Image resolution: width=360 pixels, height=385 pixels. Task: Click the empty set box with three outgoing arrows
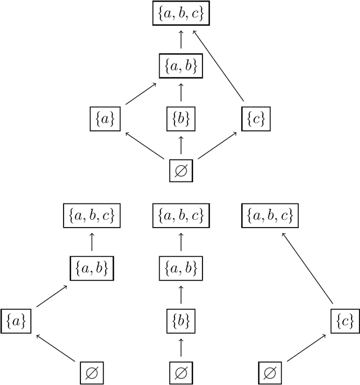click(x=181, y=171)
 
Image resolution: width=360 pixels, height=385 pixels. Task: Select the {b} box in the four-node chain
click(x=181, y=321)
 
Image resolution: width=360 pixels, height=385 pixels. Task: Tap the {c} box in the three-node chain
click(x=344, y=321)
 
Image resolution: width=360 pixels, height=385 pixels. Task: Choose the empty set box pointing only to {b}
click(x=181, y=373)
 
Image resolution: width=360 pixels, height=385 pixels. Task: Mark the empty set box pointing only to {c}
click(x=269, y=373)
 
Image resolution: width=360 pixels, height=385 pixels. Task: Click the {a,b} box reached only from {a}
click(x=91, y=268)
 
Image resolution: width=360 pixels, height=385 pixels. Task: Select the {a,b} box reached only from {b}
click(x=181, y=268)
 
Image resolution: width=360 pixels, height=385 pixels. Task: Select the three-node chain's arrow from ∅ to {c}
click(x=306, y=347)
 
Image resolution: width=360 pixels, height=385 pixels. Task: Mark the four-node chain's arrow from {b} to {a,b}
click(x=181, y=294)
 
